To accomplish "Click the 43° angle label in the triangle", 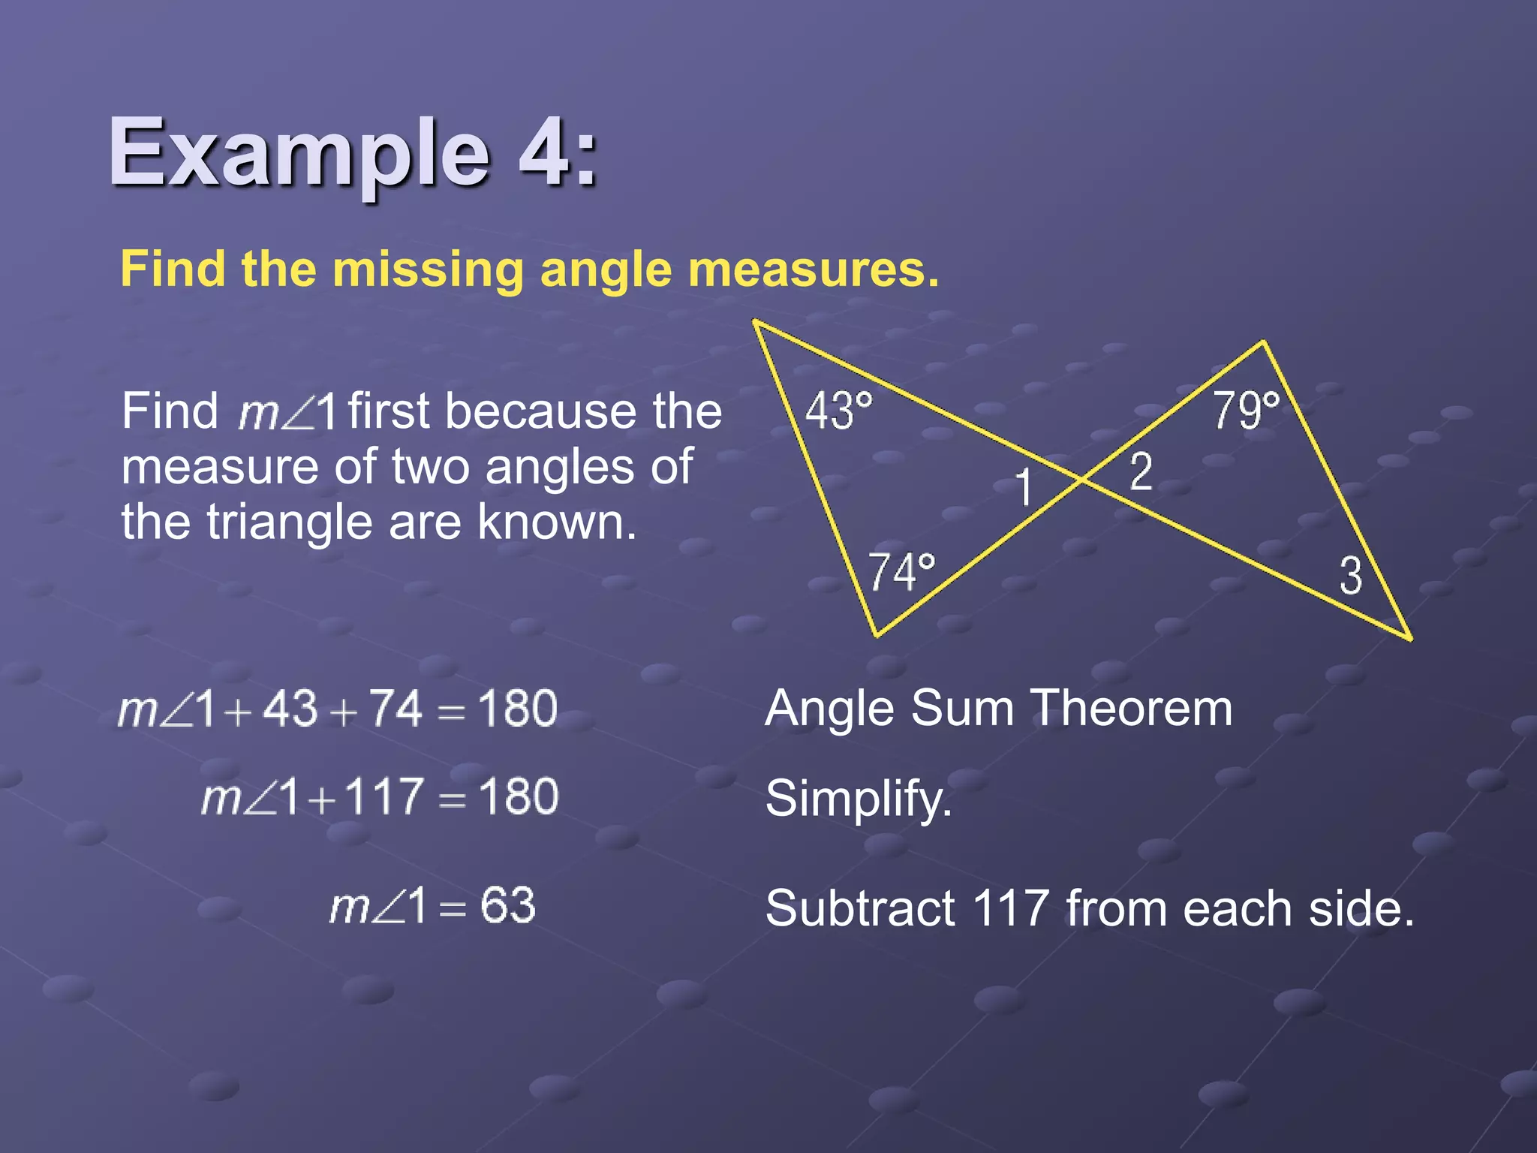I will pyautogui.click(x=839, y=411).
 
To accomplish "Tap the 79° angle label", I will pyautogui.click(x=1247, y=411).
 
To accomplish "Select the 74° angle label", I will pyautogui.click(x=901, y=572).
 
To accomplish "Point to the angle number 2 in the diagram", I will pyautogui.click(x=1141, y=472).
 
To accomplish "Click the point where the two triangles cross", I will pyautogui.click(x=1081, y=479).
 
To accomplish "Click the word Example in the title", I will pyautogui.click(x=299, y=153).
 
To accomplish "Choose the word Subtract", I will pyautogui.click(x=859, y=908).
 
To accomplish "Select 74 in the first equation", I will pyautogui.click(x=396, y=708).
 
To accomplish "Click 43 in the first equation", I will pyautogui.click(x=290, y=708).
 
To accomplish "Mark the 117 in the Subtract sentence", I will pyautogui.click(x=1010, y=908).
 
